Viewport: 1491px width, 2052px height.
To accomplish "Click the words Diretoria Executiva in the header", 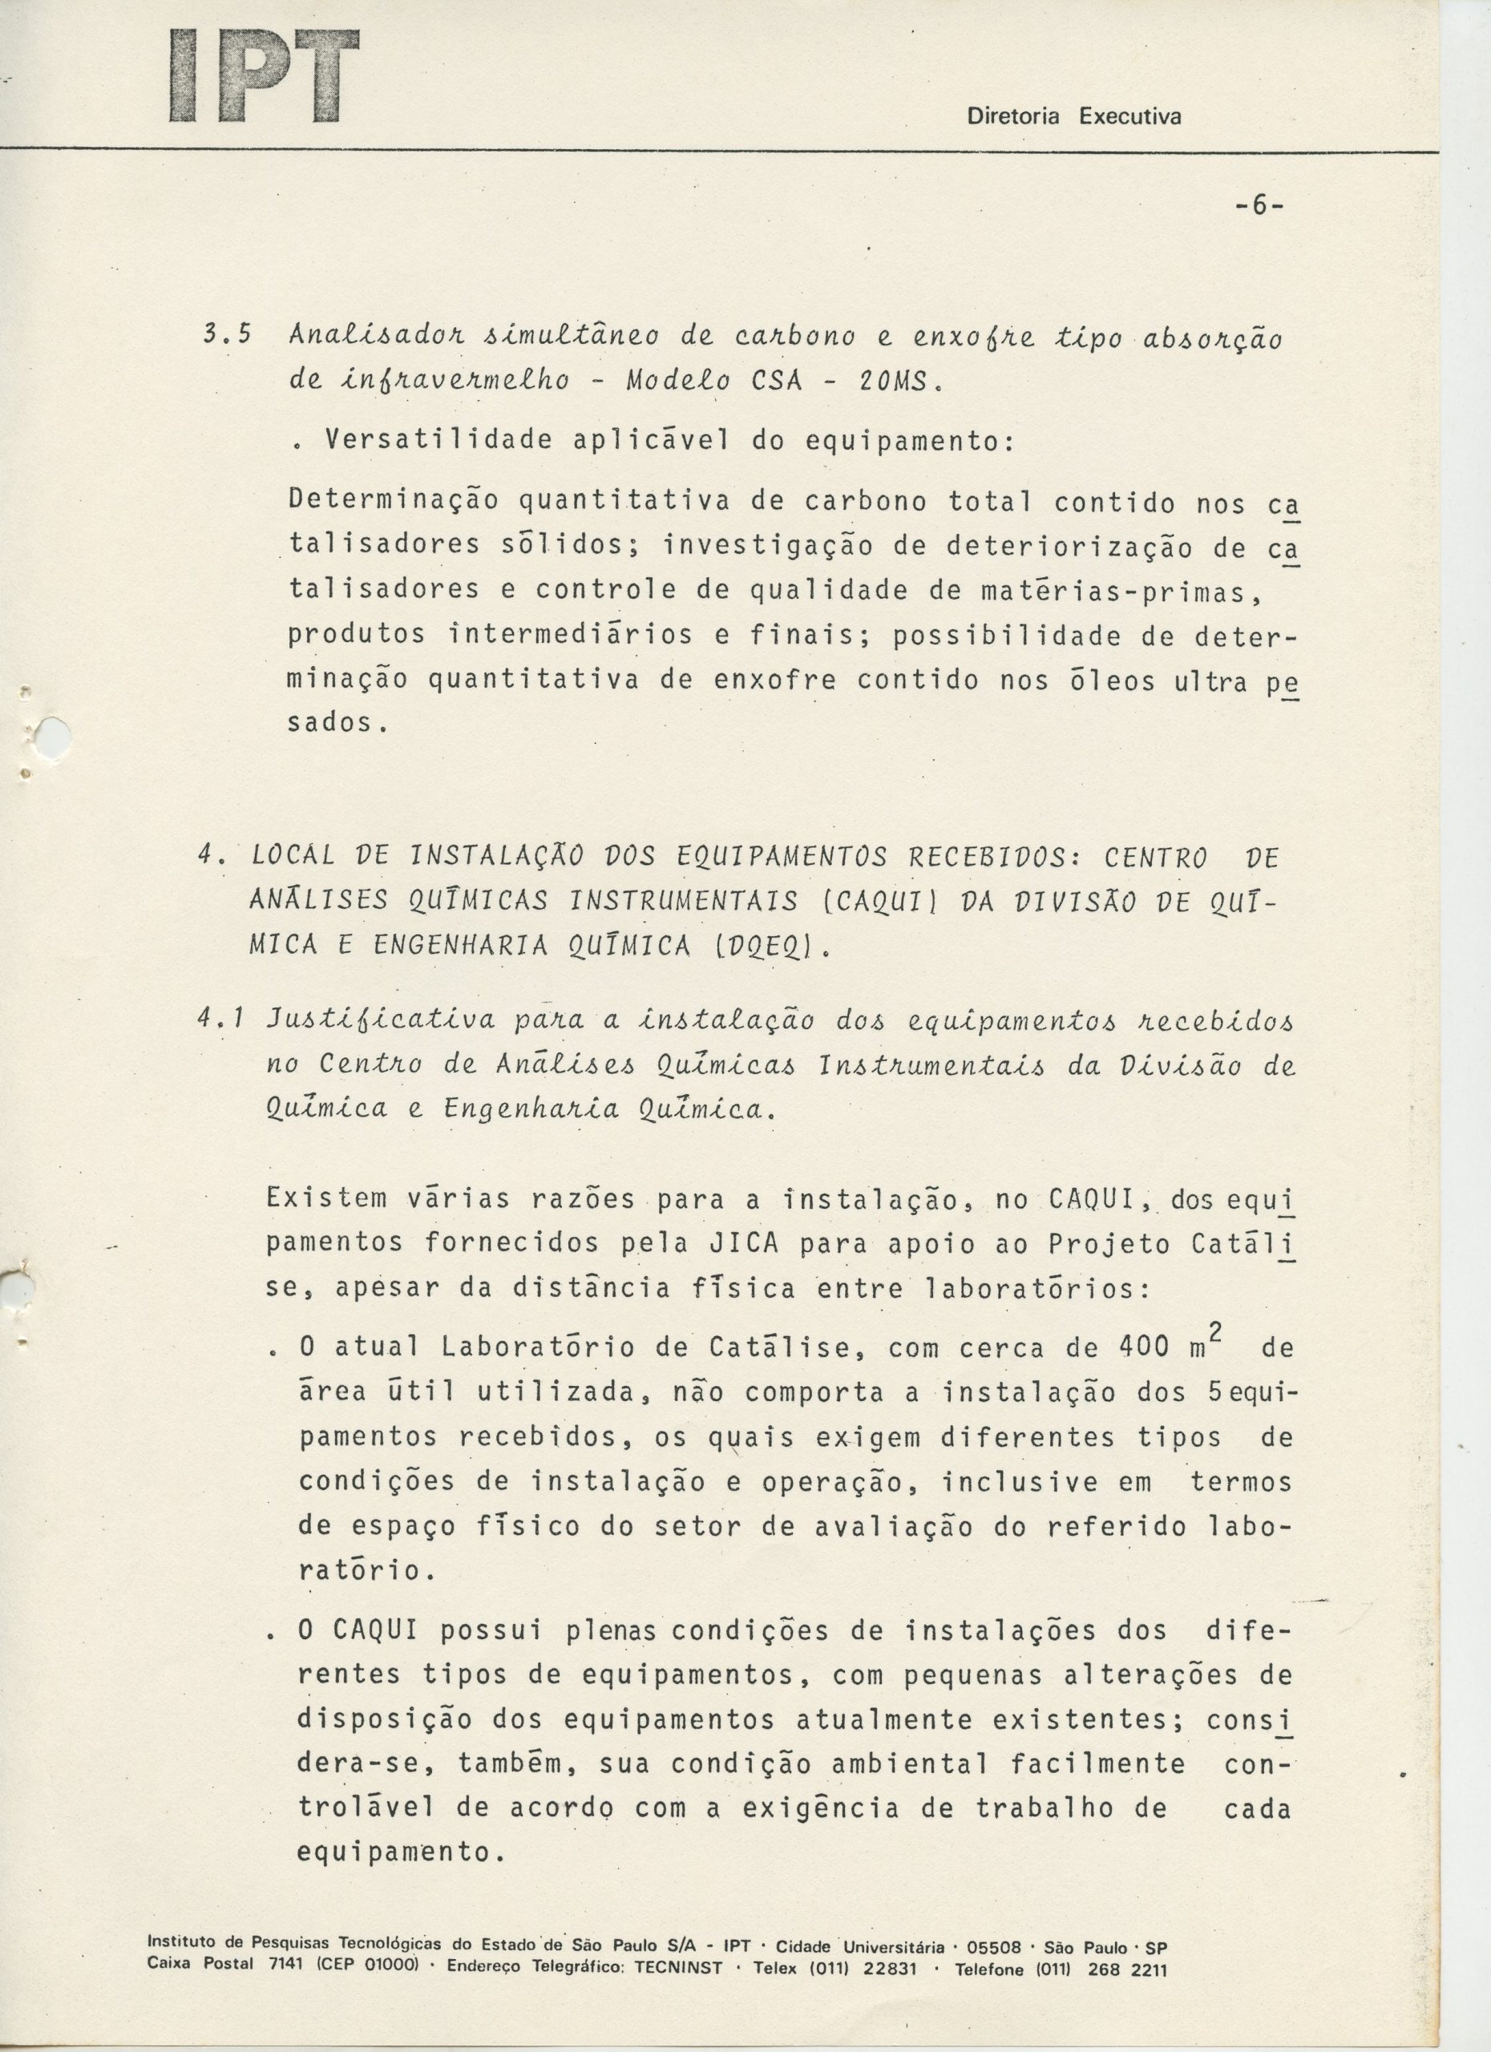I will [1074, 117].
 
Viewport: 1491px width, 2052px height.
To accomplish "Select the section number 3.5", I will [226, 338].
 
